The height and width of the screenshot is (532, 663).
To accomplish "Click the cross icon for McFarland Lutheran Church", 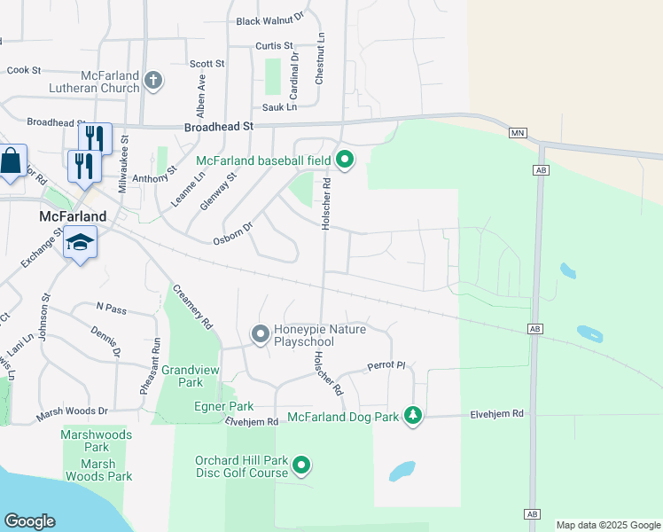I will [x=153, y=81].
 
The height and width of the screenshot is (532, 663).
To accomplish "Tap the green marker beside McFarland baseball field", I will [x=345, y=160].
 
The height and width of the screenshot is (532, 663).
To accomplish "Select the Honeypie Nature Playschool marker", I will [x=260, y=334].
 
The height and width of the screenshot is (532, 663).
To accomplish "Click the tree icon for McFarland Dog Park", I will [x=412, y=414].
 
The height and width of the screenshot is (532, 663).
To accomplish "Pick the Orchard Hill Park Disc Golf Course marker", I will [x=301, y=465].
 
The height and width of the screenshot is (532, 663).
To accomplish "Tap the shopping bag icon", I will [x=12, y=162].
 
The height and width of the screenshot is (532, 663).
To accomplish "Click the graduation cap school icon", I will [x=80, y=243].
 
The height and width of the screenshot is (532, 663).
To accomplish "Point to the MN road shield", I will [x=519, y=133].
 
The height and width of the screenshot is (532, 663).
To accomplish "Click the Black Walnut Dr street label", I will [x=269, y=19].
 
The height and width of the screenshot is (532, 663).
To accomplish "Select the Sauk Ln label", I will [x=279, y=107].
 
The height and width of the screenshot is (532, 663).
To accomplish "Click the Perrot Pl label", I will [x=386, y=365].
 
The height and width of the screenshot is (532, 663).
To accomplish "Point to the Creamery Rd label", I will [x=193, y=307].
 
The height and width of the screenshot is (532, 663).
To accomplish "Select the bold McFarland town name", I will [x=73, y=216].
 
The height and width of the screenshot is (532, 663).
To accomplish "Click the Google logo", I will [x=29, y=521].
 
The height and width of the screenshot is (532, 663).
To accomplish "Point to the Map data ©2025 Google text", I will [x=608, y=525].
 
